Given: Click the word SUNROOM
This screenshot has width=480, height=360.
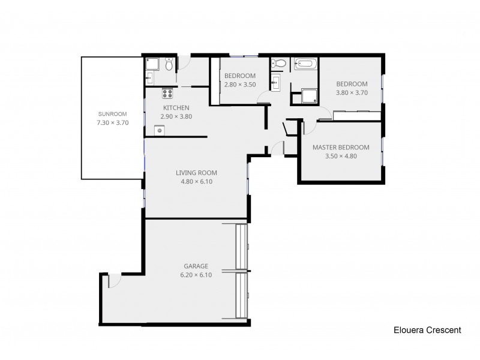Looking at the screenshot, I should tap(113, 113).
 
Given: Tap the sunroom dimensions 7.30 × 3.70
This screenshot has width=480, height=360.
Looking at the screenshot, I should tap(113, 122).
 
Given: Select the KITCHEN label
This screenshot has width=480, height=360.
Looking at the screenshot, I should tap(176, 108).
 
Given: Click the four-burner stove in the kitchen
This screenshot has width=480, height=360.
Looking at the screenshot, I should tap(167, 93).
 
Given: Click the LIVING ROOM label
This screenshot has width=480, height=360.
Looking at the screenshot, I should tap(197, 173).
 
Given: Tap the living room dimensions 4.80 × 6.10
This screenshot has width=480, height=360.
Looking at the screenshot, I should tap(197, 182).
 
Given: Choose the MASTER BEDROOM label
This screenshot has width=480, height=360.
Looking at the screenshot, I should tap(341, 148).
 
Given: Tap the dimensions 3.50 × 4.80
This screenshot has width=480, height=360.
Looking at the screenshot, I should tap(341, 157).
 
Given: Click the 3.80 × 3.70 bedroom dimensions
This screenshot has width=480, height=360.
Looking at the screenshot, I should tap(352, 93).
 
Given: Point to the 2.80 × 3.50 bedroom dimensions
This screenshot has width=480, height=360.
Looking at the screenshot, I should tap(240, 85).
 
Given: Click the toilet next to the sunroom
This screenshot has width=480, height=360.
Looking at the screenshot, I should tap(170, 64).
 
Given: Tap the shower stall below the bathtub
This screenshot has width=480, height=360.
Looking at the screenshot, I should tap(310, 95).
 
